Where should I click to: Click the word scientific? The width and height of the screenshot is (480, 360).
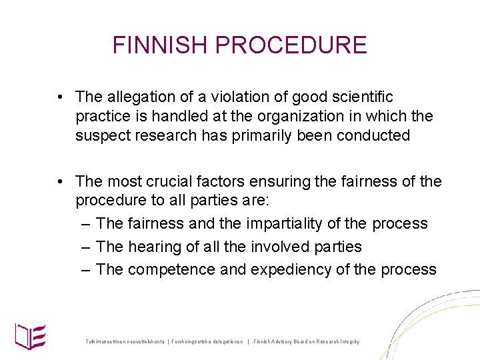(359, 97)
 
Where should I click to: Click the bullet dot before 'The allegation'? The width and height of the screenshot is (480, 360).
(60, 98)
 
